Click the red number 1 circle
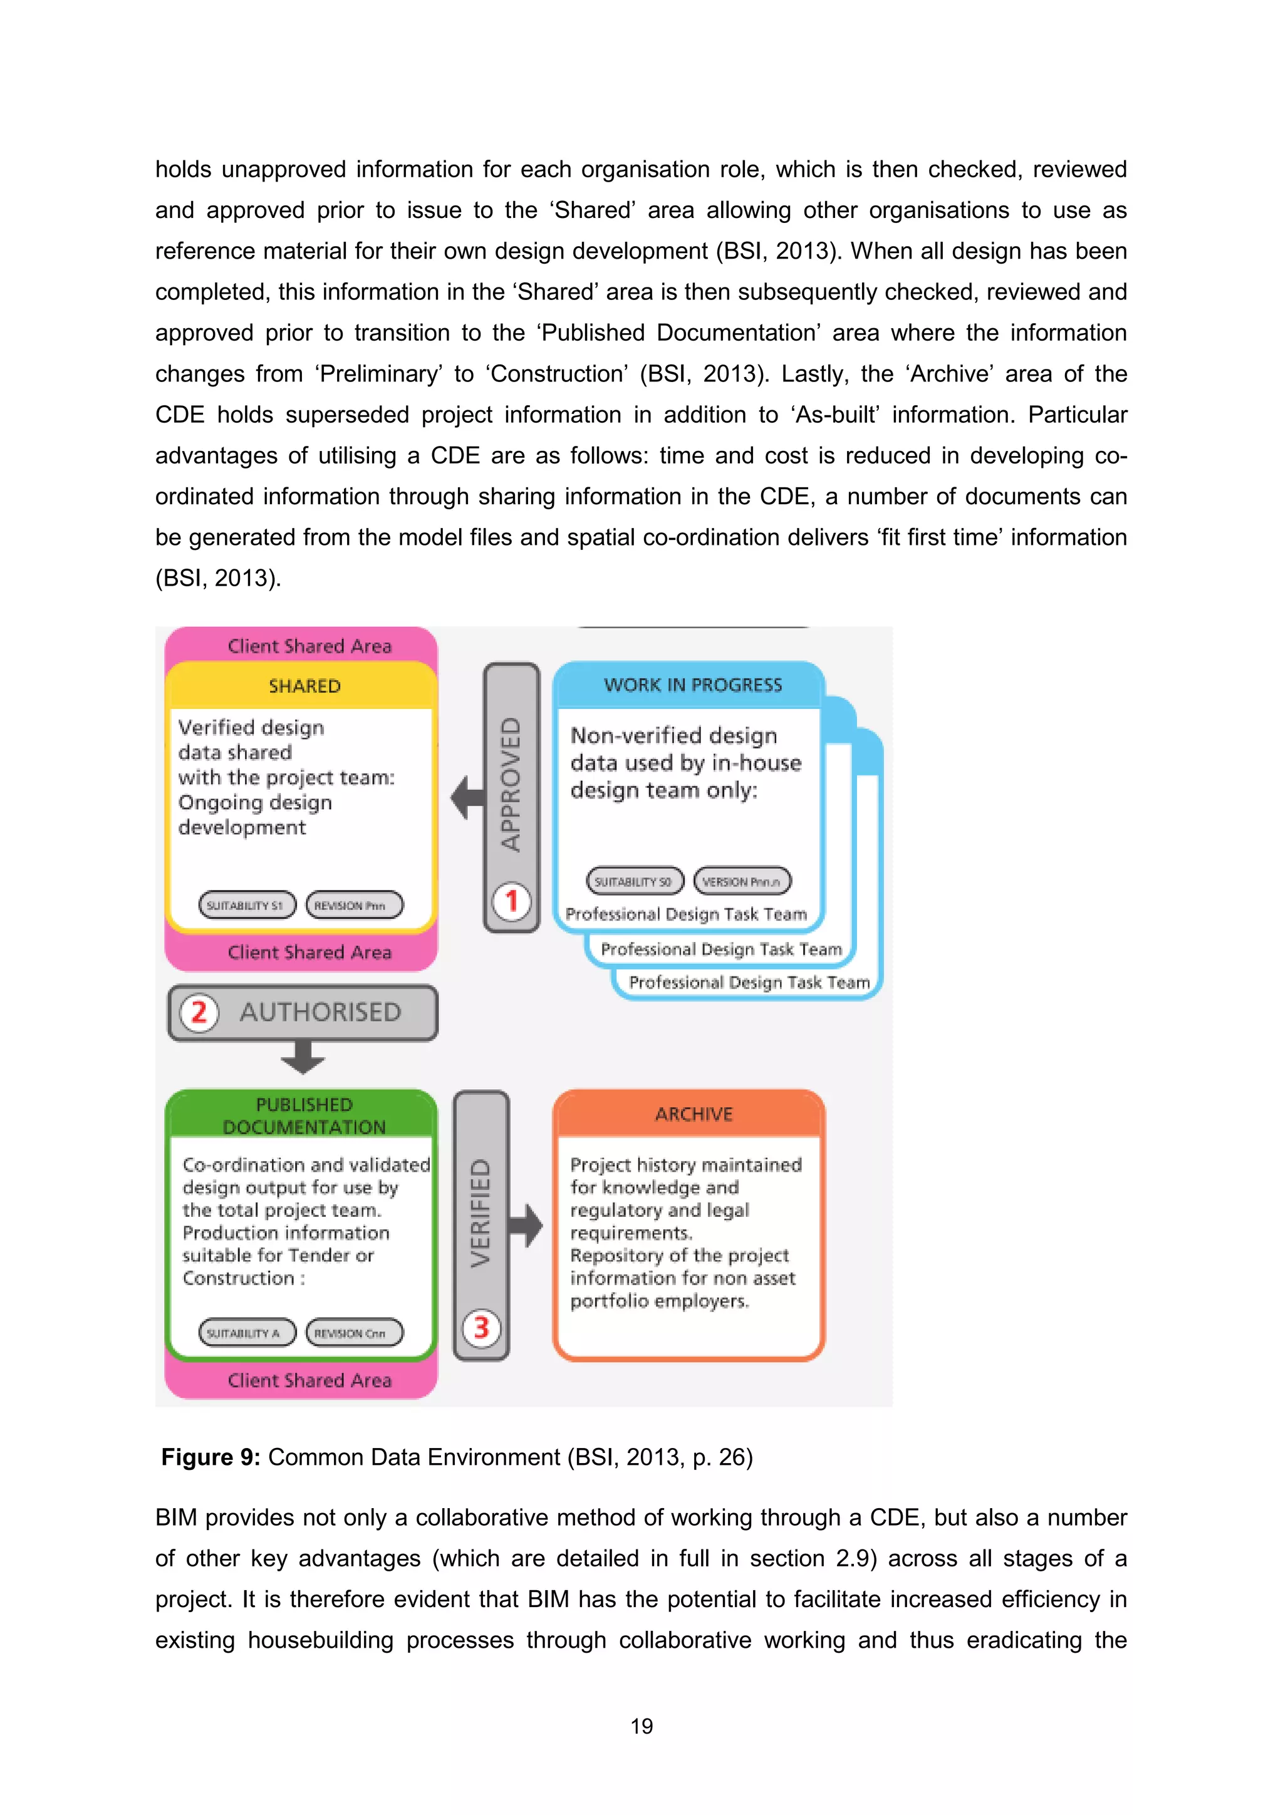point(511,901)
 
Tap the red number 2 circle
point(199,1012)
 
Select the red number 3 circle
point(480,1327)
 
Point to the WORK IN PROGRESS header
point(692,685)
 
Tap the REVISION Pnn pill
point(353,905)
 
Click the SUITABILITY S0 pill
point(634,881)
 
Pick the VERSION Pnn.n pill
point(742,881)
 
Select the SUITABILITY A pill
point(247,1333)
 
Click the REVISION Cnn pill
point(353,1333)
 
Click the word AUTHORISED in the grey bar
point(320,1012)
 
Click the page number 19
point(641,1725)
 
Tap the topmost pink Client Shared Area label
point(309,646)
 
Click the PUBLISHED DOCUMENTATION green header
point(304,1115)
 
